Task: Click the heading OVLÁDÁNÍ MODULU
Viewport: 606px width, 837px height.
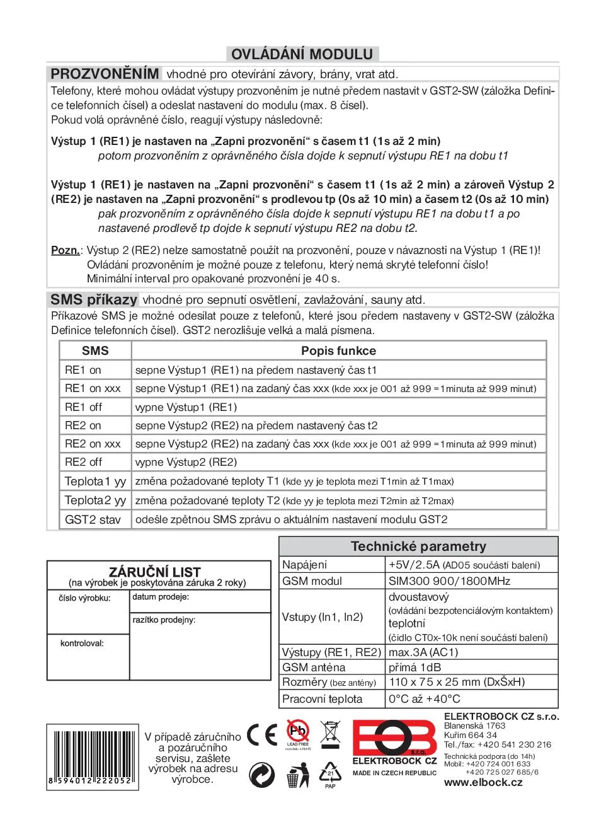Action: coord(302,54)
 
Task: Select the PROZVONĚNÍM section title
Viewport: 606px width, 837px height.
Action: coord(105,74)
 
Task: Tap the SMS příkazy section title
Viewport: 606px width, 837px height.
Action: coord(94,299)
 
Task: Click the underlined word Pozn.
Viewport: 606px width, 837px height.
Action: coord(66,250)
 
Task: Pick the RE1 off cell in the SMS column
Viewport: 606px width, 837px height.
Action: coord(83,407)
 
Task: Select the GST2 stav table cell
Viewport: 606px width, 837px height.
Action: coord(93,520)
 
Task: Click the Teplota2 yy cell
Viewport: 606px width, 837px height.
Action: coord(95,500)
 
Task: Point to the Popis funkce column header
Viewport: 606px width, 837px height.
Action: coord(338,351)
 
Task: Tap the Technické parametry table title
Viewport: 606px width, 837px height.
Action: coord(418,546)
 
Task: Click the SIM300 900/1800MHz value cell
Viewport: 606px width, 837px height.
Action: coord(449,581)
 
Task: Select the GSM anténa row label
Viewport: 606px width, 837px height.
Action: coord(314,667)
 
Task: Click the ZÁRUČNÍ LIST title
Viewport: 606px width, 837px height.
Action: coord(155,572)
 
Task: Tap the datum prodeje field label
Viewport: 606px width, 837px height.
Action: coord(161,597)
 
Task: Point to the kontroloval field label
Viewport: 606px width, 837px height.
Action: coord(82,644)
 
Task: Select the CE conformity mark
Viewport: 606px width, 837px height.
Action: coord(262,735)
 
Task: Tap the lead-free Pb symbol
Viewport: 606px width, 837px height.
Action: coord(298,732)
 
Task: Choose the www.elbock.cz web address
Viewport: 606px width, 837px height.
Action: coord(483,783)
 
